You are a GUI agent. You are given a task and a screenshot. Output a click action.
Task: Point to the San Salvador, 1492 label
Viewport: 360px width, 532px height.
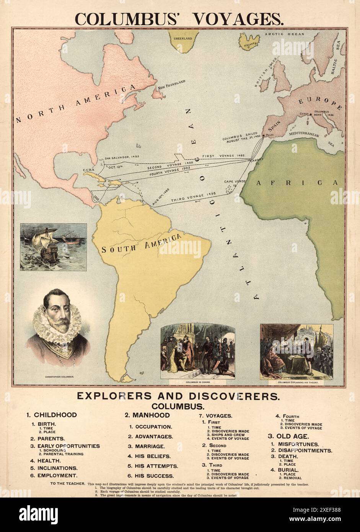[119, 157]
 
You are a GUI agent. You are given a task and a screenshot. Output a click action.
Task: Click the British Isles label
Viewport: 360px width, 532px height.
[263, 78]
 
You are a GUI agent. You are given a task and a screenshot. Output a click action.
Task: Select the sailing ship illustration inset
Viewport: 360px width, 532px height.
[53, 247]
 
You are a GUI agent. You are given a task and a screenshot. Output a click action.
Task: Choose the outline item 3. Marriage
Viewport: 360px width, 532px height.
[147, 446]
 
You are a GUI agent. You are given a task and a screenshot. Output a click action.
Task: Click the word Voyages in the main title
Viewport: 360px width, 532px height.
[239, 18]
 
